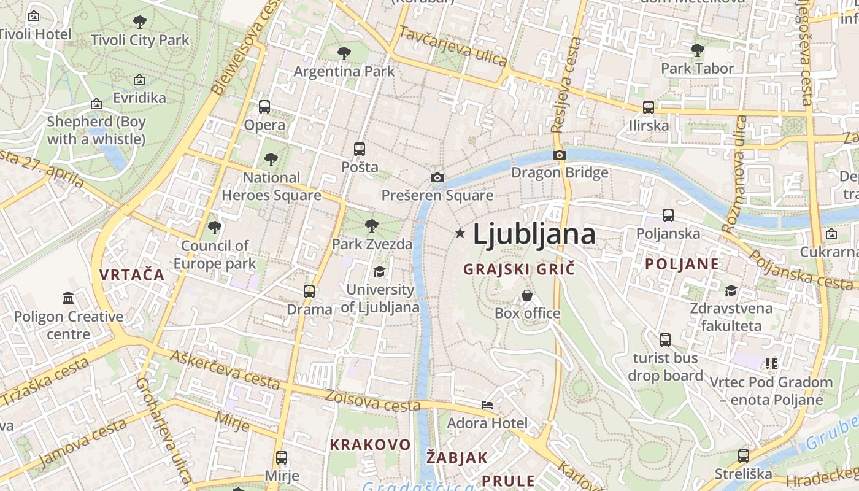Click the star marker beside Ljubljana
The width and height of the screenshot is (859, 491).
tap(460, 233)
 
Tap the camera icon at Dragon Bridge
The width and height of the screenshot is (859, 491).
tap(559, 155)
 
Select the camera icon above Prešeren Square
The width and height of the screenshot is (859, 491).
tap(437, 178)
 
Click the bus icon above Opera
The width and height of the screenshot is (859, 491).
tap(264, 107)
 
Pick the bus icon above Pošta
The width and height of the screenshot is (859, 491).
tap(360, 149)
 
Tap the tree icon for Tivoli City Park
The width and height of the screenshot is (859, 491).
tap(140, 23)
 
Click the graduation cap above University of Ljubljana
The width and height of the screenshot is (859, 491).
tap(380, 271)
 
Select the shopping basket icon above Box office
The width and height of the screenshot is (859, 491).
tap(527, 295)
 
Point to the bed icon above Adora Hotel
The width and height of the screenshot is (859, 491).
tap(487, 405)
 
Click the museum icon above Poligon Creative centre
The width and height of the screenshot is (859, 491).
tap(68, 298)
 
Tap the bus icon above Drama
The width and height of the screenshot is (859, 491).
tap(309, 291)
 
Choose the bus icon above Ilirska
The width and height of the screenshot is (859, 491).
tap(649, 107)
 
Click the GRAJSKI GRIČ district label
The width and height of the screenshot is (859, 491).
tap(519, 269)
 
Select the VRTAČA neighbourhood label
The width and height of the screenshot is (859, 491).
tap(133, 275)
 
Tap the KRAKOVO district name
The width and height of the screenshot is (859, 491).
tap(370, 444)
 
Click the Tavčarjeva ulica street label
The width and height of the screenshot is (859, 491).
tap(453, 46)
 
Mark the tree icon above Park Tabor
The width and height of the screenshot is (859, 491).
tap(697, 50)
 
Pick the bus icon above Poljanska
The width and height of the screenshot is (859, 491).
tap(668, 215)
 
